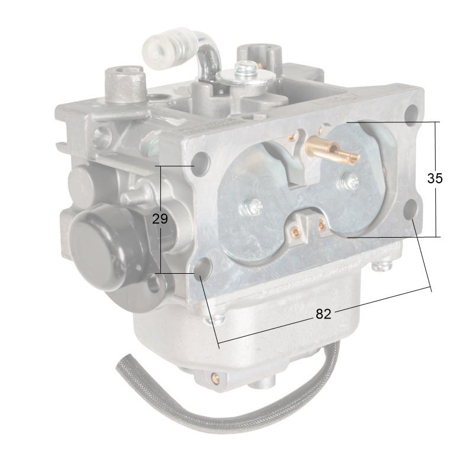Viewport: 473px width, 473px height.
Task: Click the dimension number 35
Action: pos(435,179)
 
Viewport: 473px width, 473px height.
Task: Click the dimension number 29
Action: pos(160,219)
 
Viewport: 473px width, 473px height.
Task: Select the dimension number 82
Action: pos(323,314)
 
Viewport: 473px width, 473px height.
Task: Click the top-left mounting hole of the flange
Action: pos(201,160)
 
